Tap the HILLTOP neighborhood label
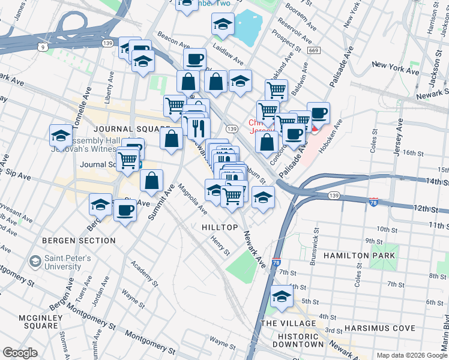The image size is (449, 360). pyautogui.click(x=220, y=228)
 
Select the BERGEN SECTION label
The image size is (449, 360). pyautogui.click(x=79, y=241)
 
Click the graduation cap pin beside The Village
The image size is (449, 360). pyautogui.click(x=281, y=296)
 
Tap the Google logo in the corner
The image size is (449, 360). pyautogui.click(x=20, y=353)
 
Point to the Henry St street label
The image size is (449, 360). pyautogui.click(x=220, y=244)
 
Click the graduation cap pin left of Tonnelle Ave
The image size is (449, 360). pyautogui.click(x=61, y=135)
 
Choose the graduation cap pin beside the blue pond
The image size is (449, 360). pyautogui.click(x=223, y=24)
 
